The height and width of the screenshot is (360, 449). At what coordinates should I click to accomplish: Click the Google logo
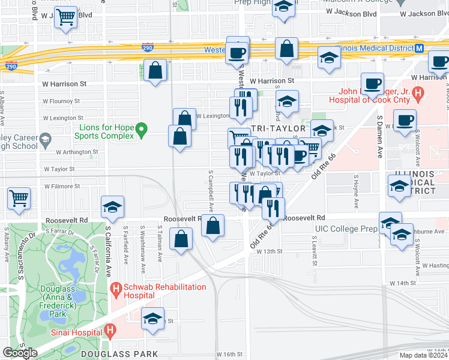click(20, 353)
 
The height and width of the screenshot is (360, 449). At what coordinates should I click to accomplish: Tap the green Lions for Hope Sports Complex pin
click(141, 129)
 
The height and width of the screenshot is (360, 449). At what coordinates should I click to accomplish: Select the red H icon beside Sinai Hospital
click(110, 330)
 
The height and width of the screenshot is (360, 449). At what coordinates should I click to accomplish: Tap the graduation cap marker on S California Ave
click(112, 208)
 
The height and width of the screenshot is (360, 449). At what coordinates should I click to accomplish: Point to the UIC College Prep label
click(345, 229)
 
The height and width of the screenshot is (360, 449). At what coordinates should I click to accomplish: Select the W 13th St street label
click(269, 251)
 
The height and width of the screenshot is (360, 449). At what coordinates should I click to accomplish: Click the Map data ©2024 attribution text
click(423, 355)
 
